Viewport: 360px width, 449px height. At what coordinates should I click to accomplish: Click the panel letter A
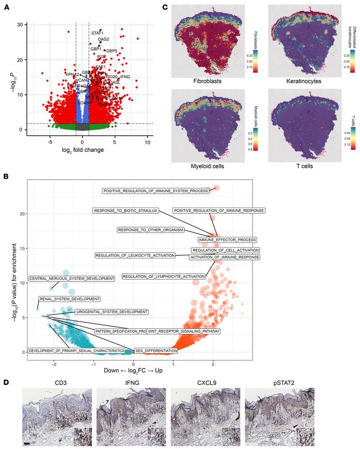click(x=7, y=7)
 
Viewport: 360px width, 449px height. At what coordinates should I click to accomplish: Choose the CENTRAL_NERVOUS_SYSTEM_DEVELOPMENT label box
click(x=71, y=278)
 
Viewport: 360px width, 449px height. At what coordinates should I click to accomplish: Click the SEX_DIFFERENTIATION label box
click(x=156, y=350)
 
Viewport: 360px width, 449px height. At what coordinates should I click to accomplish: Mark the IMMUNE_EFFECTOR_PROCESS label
click(x=227, y=240)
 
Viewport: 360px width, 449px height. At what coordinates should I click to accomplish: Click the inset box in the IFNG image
click(x=157, y=434)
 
